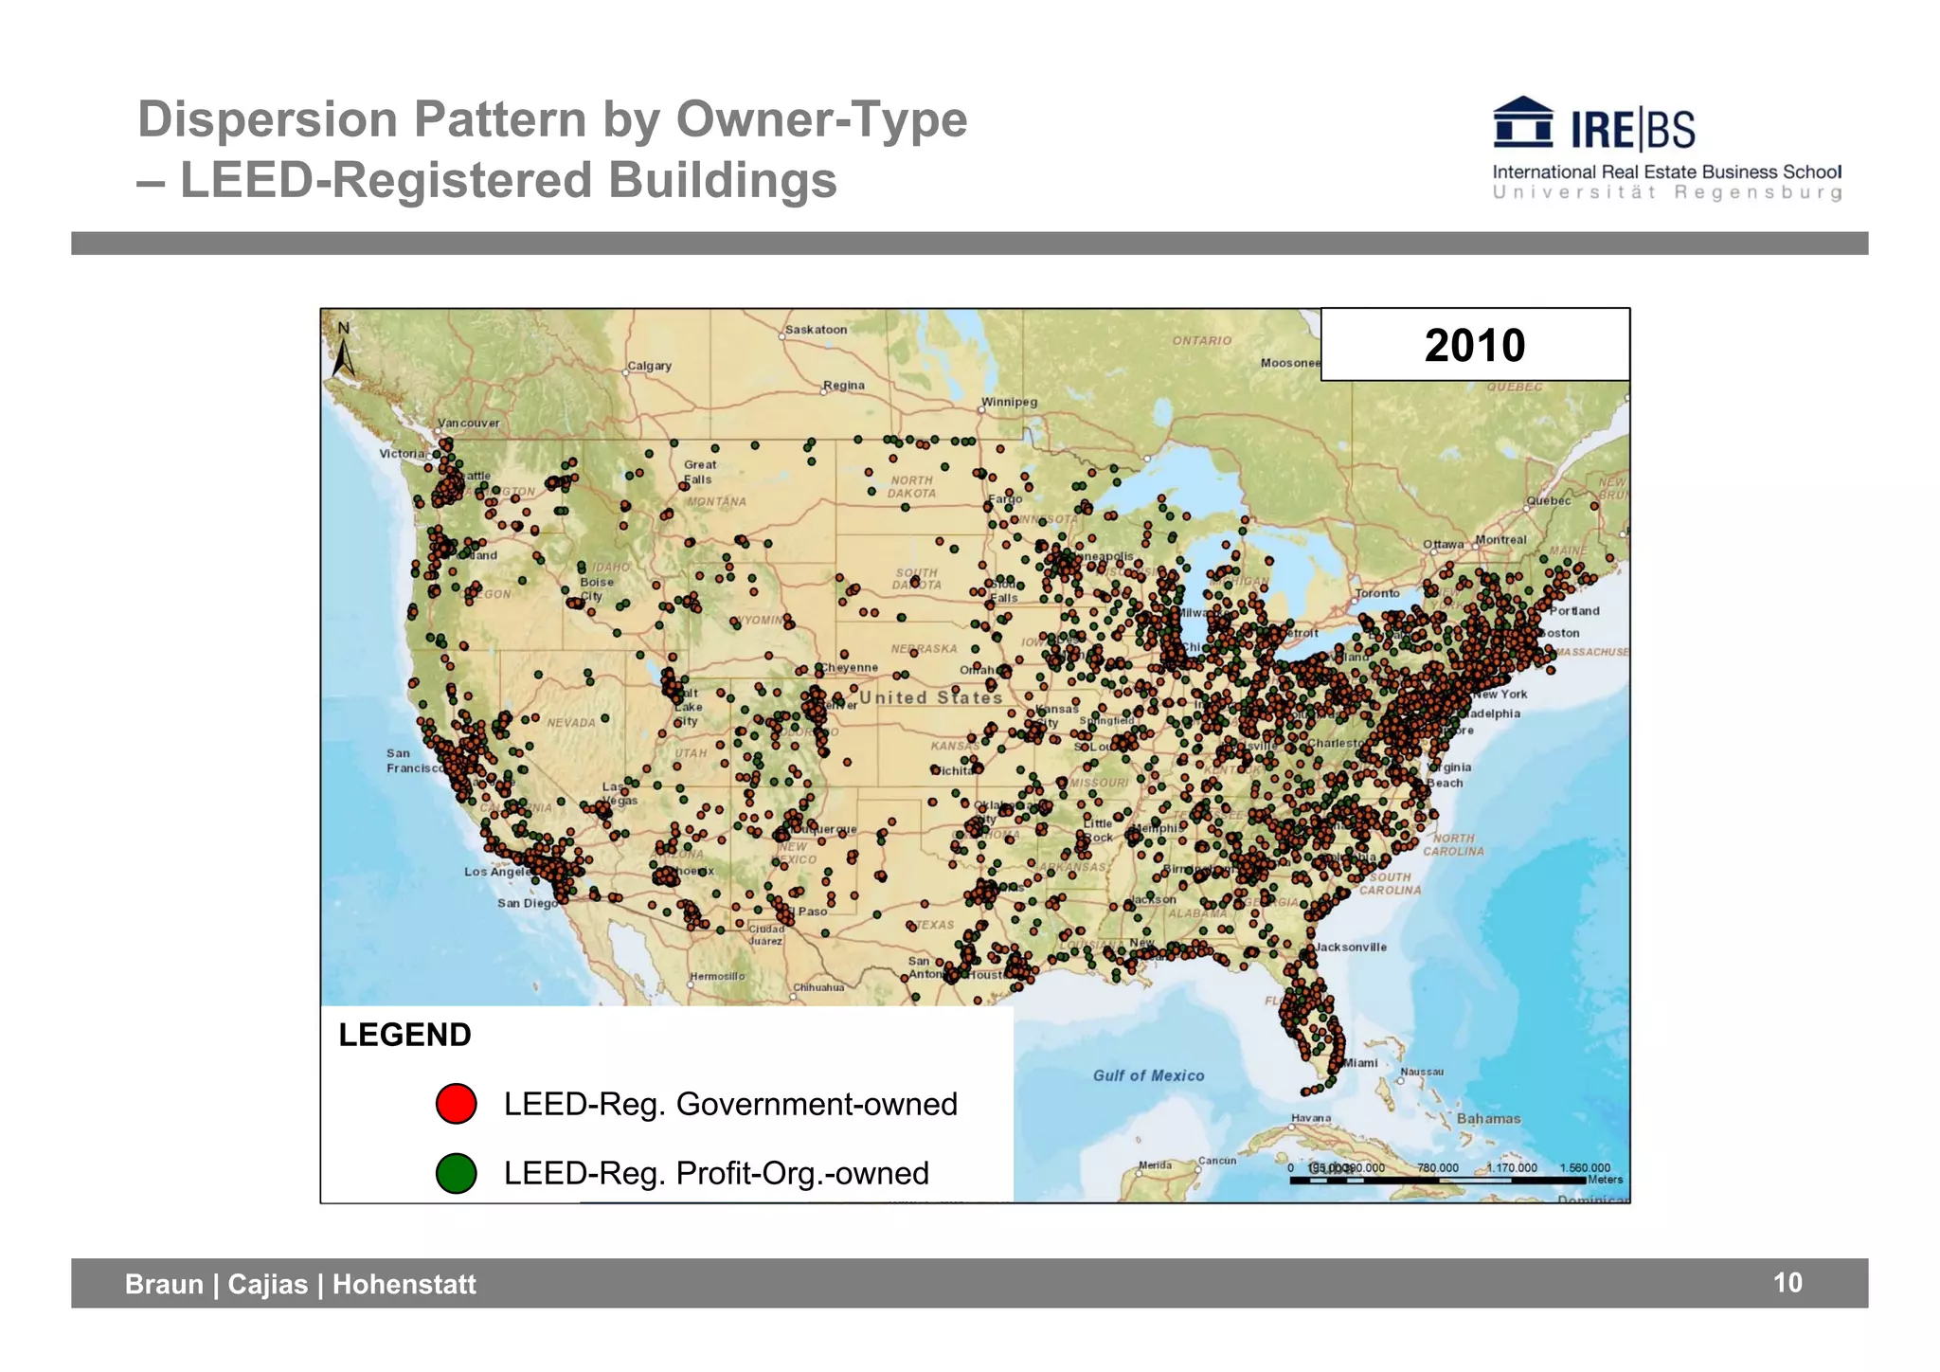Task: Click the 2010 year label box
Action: (x=1474, y=345)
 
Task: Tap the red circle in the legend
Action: (x=456, y=1104)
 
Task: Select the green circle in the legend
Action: (x=456, y=1173)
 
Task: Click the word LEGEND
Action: (x=404, y=1035)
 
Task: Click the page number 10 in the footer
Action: (x=1787, y=1283)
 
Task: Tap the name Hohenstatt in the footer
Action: (x=404, y=1284)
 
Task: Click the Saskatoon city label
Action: (x=816, y=330)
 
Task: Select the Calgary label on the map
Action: (x=649, y=366)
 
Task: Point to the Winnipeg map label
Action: (x=1009, y=402)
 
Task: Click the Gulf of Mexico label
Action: (x=1148, y=1075)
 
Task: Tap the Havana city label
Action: (x=1311, y=1118)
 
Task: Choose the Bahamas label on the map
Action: (x=1488, y=1119)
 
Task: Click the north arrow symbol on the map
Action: (x=343, y=353)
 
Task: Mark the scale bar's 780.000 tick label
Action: (x=1437, y=1168)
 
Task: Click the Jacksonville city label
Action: (x=1350, y=947)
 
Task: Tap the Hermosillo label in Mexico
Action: (x=717, y=976)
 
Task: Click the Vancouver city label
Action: (x=468, y=424)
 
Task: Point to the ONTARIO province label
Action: (x=1202, y=340)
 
